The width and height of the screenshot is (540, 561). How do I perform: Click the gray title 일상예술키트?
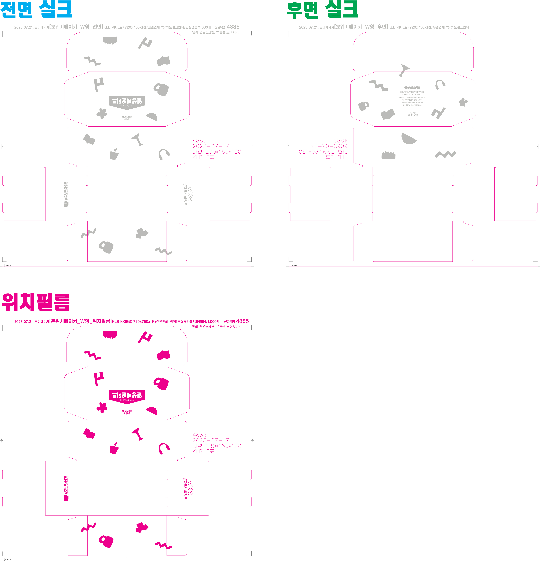pyautogui.click(x=412, y=88)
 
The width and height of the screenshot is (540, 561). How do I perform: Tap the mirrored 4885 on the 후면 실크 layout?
pyautogui.click(x=340, y=141)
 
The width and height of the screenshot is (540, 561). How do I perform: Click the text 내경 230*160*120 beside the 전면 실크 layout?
pyautogui.click(x=216, y=152)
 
